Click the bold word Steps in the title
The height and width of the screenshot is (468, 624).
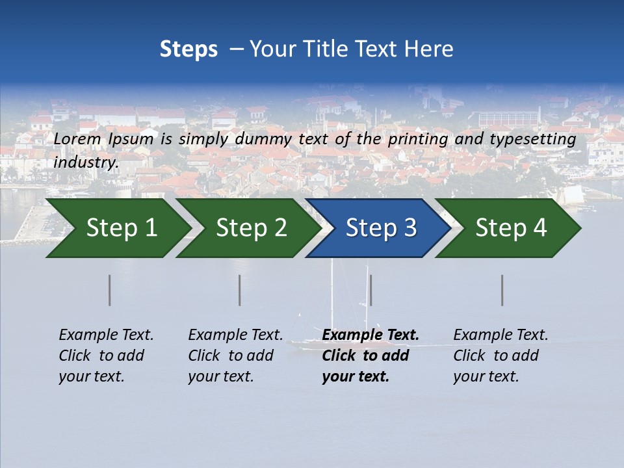tap(188, 49)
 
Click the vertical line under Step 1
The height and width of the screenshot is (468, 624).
tap(110, 290)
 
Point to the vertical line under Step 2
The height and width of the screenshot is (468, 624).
tap(240, 290)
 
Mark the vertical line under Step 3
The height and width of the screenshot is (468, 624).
tap(370, 290)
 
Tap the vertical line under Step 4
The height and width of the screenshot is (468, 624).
tap(502, 290)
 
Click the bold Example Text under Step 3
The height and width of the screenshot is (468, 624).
tap(370, 335)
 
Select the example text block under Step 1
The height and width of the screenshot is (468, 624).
tap(106, 356)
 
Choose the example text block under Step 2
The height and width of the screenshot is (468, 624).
tap(235, 356)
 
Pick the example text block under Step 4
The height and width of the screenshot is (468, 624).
tap(500, 356)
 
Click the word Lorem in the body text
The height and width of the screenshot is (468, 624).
tap(77, 139)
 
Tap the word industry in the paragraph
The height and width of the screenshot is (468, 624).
tap(86, 162)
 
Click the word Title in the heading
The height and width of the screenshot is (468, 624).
tap(324, 49)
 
